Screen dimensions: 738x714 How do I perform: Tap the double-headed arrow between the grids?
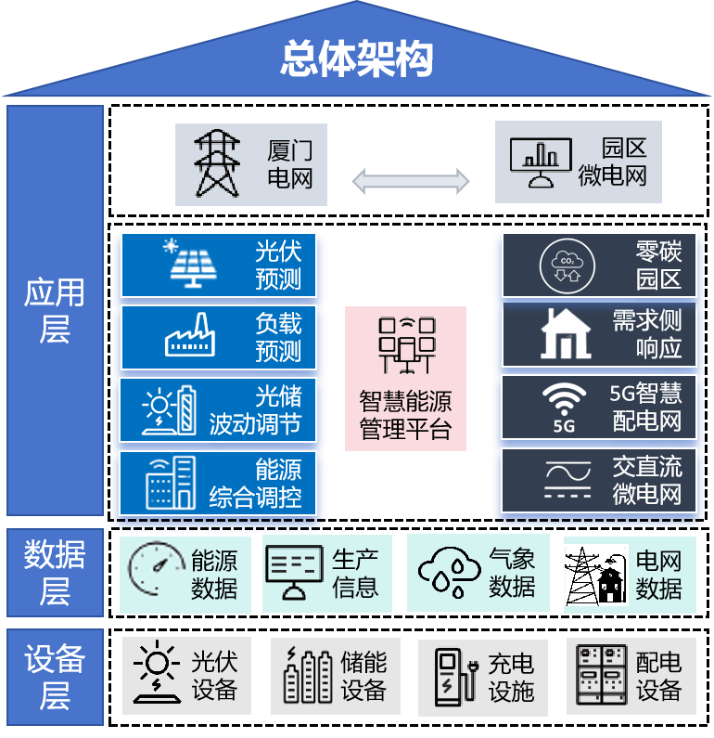411,181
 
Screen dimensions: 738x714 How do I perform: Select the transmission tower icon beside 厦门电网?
217,163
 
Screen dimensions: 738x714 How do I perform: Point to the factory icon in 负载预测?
190,336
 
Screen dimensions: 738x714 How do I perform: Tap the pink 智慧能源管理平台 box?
405,379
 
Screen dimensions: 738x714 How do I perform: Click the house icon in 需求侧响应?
566,334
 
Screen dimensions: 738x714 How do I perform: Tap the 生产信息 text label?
354,573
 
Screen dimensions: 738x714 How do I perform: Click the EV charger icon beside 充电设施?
453,676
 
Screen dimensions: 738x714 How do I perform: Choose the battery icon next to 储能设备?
307,676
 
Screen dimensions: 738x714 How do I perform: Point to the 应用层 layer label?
55,310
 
